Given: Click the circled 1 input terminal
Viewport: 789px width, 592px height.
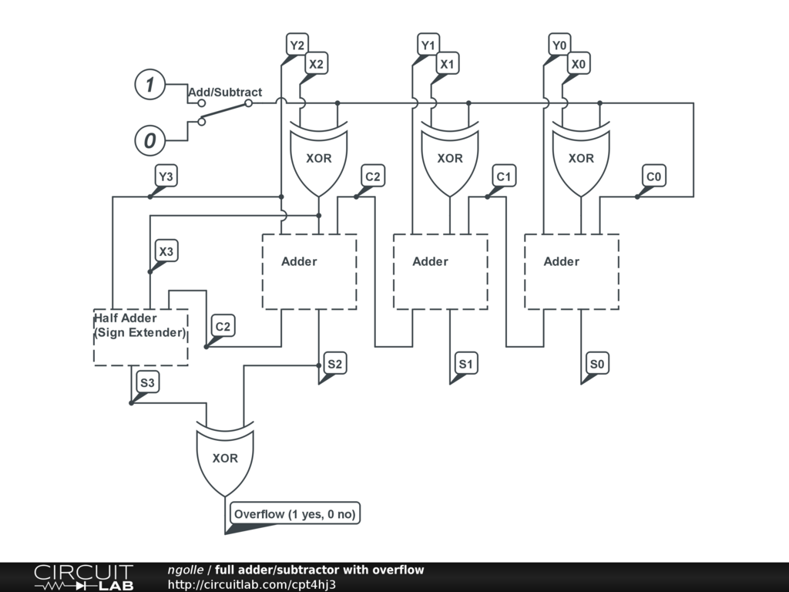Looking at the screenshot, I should tap(150, 85).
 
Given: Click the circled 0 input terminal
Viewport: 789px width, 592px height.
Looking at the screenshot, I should tap(150, 141).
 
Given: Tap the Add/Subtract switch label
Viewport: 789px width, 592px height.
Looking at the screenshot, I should tap(225, 92).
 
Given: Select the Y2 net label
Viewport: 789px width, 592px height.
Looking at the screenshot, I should tap(297, 45).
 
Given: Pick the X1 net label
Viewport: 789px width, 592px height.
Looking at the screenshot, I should tap(447, 65).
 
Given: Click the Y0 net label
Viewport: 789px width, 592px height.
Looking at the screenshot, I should tap(559, 45).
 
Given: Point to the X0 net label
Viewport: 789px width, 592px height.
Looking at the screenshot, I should tap(579, 65).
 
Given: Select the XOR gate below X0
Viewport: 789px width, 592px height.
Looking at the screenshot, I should tap(581, 159).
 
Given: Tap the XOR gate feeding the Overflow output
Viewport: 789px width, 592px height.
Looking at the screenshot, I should tap(225, 458).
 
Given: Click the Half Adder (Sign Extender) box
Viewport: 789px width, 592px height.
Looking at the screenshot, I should tap(140, 337).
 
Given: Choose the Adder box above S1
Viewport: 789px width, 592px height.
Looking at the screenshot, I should tap(441, 271).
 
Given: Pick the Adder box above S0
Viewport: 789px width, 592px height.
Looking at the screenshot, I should tap(572, 271).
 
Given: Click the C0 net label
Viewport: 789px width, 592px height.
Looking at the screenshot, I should tap(653, 177).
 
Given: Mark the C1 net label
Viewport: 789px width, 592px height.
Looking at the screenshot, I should tap(504, 177).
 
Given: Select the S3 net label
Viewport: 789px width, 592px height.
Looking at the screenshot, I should tap(148, 382).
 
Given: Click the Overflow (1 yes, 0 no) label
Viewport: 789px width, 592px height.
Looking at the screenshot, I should tap(296, 513).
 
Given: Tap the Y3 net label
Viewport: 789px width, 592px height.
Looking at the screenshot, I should tap(166, 177).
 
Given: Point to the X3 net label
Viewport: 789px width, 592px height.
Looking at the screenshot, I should tap(166, 251).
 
